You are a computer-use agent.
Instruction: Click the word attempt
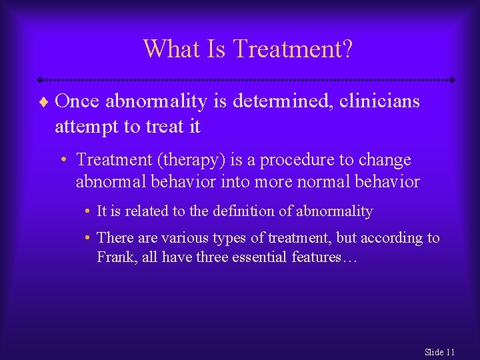click(x=87, y=127)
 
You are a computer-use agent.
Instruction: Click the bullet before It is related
click(x=88, y=212)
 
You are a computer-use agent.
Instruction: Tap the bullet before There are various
click(x=88, y=238)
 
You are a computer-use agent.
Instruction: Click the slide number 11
click(x=450, y=352)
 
